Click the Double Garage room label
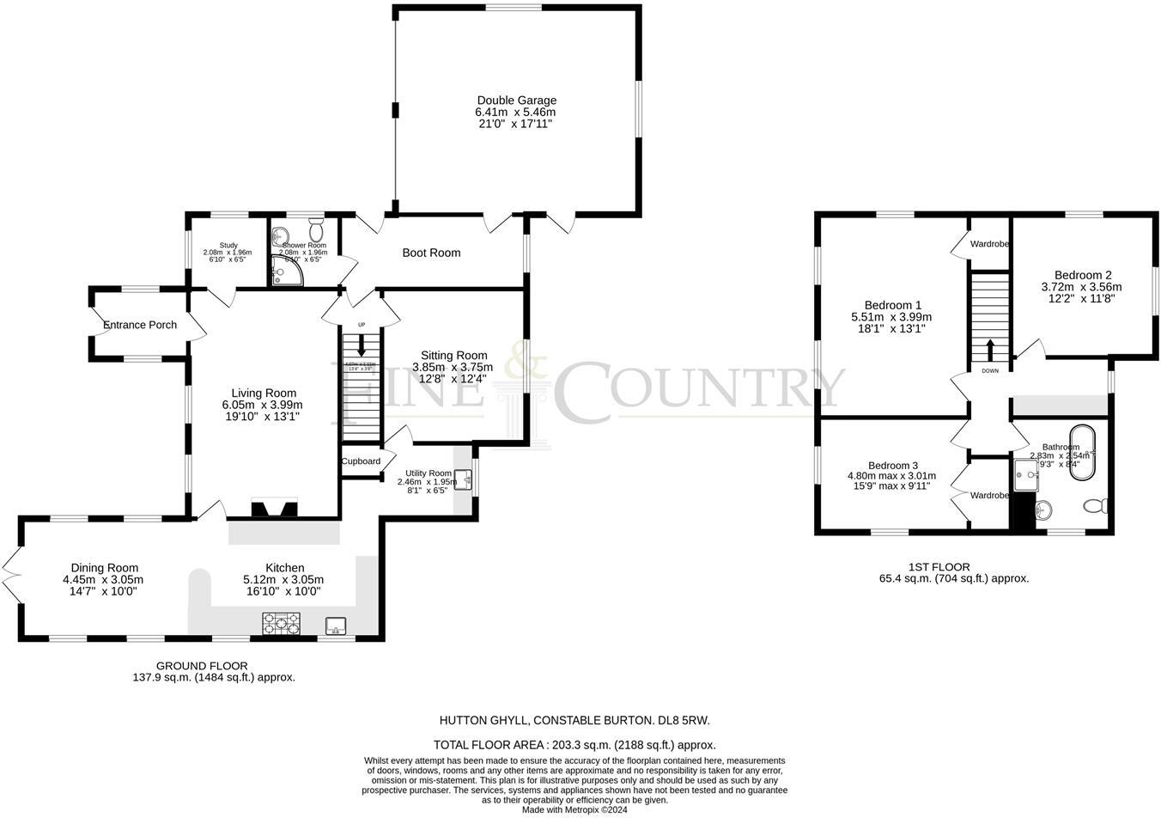516,101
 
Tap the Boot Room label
431,253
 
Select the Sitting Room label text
453,355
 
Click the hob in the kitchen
283,622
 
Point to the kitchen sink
336,625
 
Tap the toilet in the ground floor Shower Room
315,231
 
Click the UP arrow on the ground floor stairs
361,343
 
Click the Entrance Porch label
140,325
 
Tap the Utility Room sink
462,479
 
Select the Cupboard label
361,461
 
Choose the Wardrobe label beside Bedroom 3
989,495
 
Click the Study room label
228,245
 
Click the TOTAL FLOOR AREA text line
574,745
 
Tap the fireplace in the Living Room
274,509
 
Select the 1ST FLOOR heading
939,567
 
